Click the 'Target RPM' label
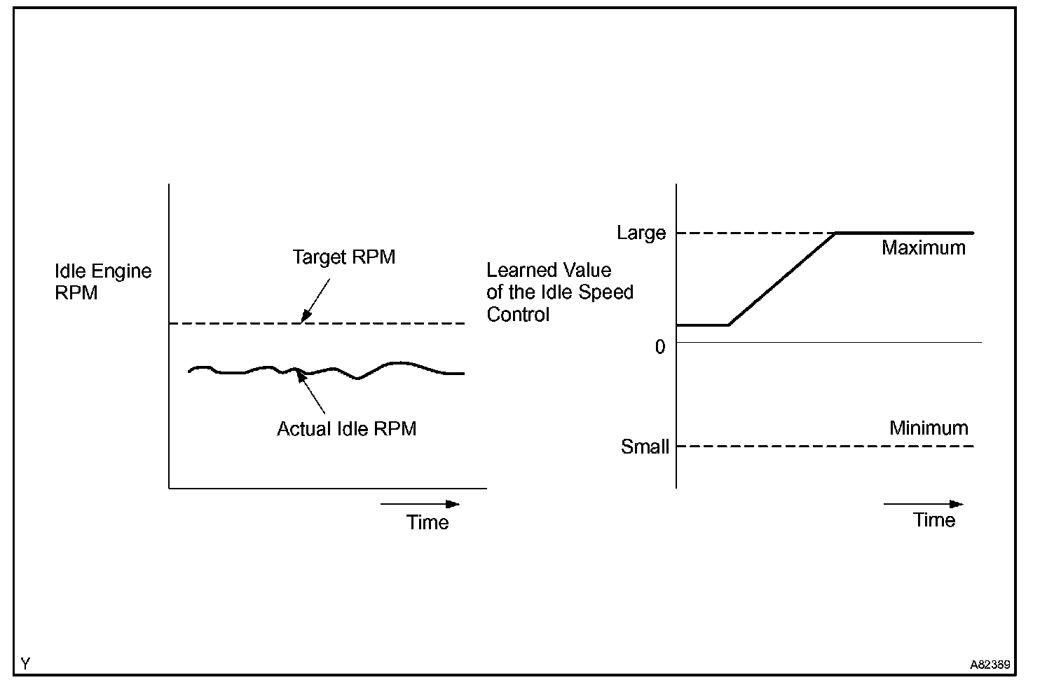[x=343, y=257]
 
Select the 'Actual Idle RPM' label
[x=346, y=429]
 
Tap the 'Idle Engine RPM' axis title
[x=103, y=282]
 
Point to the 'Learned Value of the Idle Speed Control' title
[x=559, y=292]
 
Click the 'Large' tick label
[x=641, y=233]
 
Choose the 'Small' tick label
[x=645, y=447]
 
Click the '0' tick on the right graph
[x=659, y=346]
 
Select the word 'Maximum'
[x=923, y=248]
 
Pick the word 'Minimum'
[x=929, y=428]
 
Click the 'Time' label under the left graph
[x=427, y=522]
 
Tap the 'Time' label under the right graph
[x=934, y=520]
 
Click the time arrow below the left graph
[x=420, y=504]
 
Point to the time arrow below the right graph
[x=923, y=504]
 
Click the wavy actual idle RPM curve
[x=392, y=364]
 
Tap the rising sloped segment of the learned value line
[x=781, y=279]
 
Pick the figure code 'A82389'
[x=990, y=665]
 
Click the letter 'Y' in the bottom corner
[x=25, y=663]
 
